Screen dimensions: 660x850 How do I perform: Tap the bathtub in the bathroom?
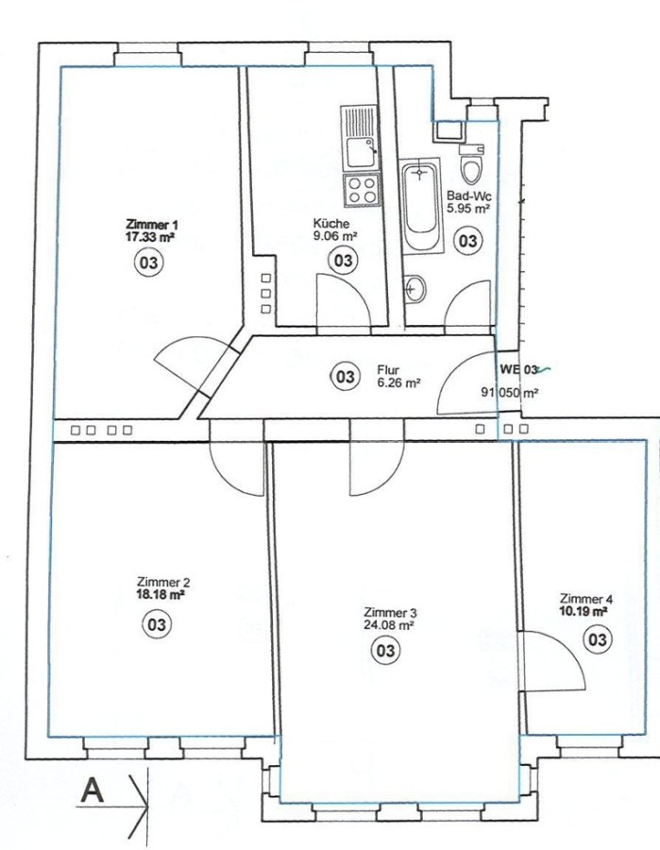tap(420, 205)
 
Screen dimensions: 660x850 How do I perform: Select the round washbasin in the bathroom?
tap(415, 288)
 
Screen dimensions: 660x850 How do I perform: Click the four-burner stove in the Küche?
tap(362, 190)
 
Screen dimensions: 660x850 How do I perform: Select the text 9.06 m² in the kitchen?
tap(335, 236)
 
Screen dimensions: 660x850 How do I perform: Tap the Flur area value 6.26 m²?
tap(399, 382)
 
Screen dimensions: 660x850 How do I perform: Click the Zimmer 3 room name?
tap(390, 613)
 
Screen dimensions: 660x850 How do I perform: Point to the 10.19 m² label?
tap(584, 611)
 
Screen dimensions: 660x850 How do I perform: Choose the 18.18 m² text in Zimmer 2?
tap(161, 594)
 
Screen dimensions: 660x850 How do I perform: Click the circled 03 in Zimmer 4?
tap(597, 640)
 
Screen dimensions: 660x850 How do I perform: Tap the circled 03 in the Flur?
tap(345, 376)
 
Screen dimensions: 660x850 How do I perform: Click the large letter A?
tap(93, 790)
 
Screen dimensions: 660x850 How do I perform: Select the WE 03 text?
tap(519, 369)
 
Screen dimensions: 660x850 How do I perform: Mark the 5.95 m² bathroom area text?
tap(468, 207)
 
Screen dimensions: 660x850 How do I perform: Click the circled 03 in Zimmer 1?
tap(149, 263)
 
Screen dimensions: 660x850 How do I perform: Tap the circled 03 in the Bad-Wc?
tap(467, 240)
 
